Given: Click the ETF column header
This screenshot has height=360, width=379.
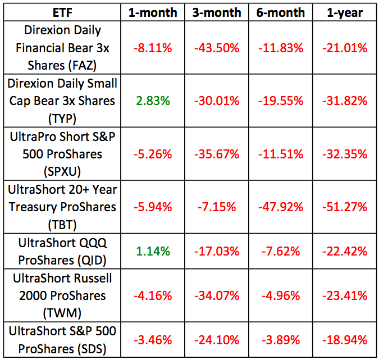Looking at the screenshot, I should (63, 12).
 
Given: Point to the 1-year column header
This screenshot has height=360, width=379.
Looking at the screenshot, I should (344, 12).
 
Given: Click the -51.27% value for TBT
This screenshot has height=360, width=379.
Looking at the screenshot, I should (344, 207).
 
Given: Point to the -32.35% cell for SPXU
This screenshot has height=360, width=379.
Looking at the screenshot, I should (344, 154).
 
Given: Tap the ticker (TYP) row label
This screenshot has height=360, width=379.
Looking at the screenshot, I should (63, 119).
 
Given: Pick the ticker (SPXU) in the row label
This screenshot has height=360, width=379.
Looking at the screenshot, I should (63, 171).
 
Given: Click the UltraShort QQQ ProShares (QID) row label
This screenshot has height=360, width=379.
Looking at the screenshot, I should (63, 251).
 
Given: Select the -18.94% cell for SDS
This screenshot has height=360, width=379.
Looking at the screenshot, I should (344, 339).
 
